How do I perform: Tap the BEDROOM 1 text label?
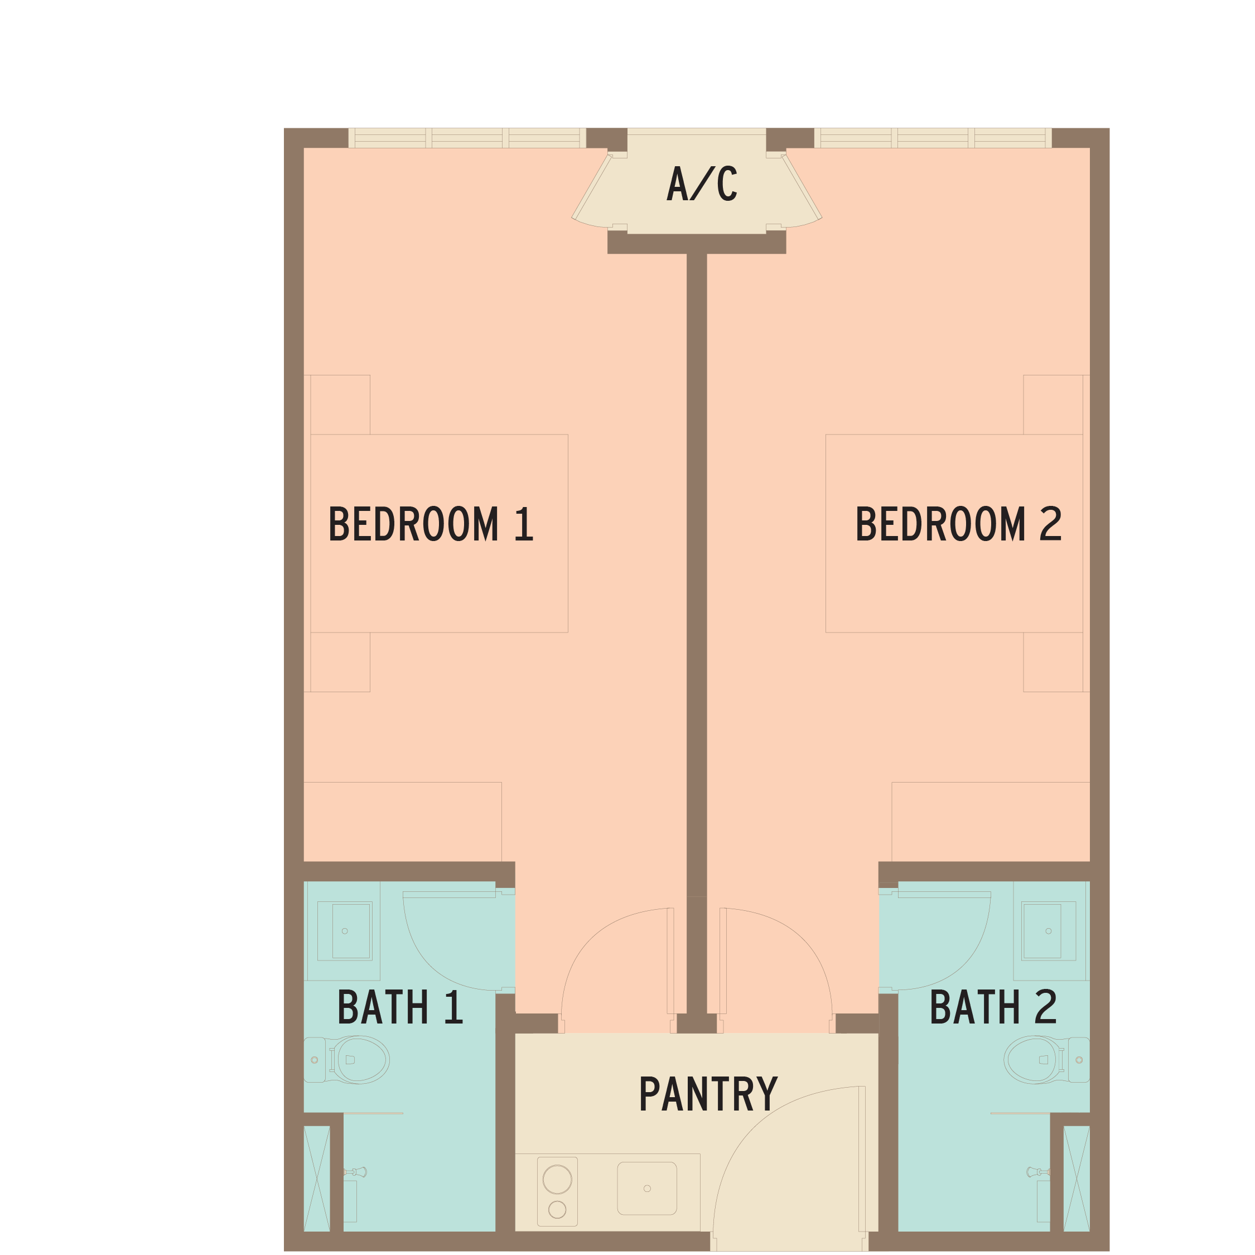click(x=431, y=524)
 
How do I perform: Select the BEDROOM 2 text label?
click(x=959, y=524)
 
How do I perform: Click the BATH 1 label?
click(x=400, y=1007)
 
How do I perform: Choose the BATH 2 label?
click(x=993, y=1007)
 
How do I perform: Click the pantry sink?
click(x=647, y=1188)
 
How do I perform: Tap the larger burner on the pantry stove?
click(x=557, y=1179)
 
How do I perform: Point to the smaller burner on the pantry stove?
click(x=557, y=1209)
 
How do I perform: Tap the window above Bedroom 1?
click(x=467, y=138)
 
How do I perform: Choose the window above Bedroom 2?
click(x=933, y=138)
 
